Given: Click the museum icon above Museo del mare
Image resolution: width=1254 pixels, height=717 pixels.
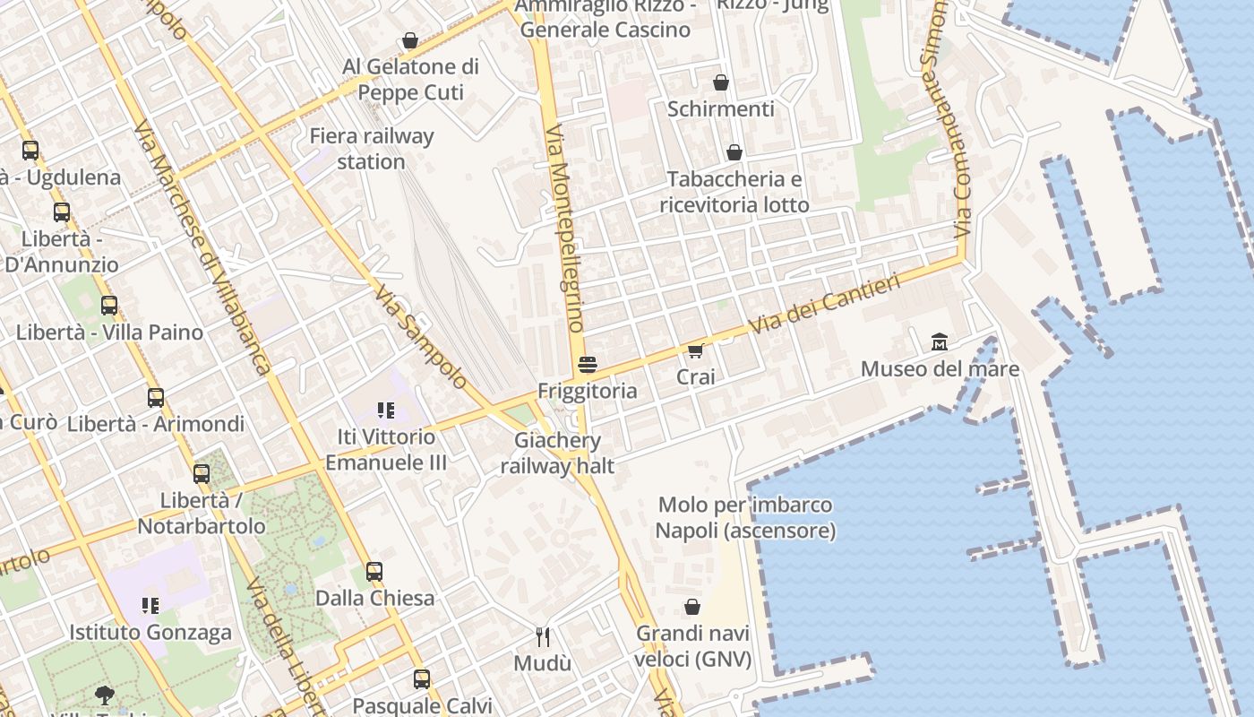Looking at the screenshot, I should point(940,341).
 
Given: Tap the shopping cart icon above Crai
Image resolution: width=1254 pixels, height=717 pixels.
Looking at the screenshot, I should point(696,350).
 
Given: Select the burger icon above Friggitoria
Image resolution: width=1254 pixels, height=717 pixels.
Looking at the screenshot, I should point(588,365).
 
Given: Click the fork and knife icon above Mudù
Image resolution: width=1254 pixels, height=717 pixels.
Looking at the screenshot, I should point(543,637).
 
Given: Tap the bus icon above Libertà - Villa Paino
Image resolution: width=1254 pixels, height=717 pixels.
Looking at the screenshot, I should point(109,306).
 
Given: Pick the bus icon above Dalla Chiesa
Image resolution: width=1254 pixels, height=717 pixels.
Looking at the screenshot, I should point(374,571).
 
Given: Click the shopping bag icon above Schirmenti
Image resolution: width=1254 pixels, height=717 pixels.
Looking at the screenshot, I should point(721,83).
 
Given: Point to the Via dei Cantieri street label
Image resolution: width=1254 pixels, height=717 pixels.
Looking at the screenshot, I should point(824,306).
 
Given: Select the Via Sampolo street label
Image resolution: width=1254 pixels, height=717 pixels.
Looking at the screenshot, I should point(421,337).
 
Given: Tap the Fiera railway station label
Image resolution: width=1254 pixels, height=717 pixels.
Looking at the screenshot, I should point(372,149).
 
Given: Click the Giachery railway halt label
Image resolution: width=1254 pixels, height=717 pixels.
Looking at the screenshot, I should point(557,453).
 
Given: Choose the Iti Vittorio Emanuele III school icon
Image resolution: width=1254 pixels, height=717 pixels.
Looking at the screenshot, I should point(386,410).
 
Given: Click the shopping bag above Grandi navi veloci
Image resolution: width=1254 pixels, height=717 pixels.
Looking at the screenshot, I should point(692,607).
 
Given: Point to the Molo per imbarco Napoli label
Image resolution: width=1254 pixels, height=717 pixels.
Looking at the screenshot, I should point(745,518).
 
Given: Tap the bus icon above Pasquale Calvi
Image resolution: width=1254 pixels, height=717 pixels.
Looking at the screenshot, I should point(422,678).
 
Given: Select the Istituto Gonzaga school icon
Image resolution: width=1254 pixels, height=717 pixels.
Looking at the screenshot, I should point(150,606).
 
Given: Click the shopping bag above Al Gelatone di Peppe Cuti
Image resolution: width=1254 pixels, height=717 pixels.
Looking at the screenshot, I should point(410,40).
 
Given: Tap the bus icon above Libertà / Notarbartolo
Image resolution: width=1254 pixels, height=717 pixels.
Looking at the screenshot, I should point(202,474).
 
